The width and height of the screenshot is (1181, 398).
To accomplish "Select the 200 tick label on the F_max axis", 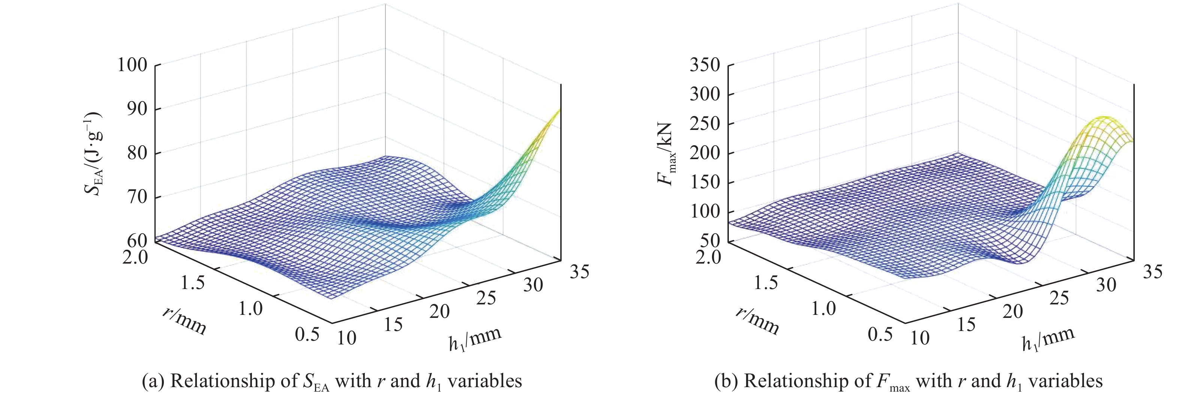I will (x=704, y=152).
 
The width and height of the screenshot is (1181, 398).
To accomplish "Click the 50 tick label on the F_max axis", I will (x=710, y=240).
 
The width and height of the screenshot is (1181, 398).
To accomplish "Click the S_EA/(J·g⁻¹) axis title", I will (x=93, y=154).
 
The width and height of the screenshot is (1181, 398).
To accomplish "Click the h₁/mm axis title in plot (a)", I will (x=475, y=339).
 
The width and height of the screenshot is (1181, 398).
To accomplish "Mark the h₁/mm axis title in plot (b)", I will (x=1048, y=339).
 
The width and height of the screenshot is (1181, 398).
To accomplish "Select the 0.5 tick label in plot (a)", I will (x=307, y=334).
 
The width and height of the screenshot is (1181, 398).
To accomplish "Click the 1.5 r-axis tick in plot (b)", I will (x=766, y=283).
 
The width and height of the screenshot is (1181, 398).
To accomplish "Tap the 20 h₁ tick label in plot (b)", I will (x=1012, y=312).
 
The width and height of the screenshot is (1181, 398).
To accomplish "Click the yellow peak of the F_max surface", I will (x=1106, y=118).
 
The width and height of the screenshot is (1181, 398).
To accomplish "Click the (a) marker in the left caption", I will (x=153, y=381).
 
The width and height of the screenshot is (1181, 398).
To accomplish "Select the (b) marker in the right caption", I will (x=726, y=381).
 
